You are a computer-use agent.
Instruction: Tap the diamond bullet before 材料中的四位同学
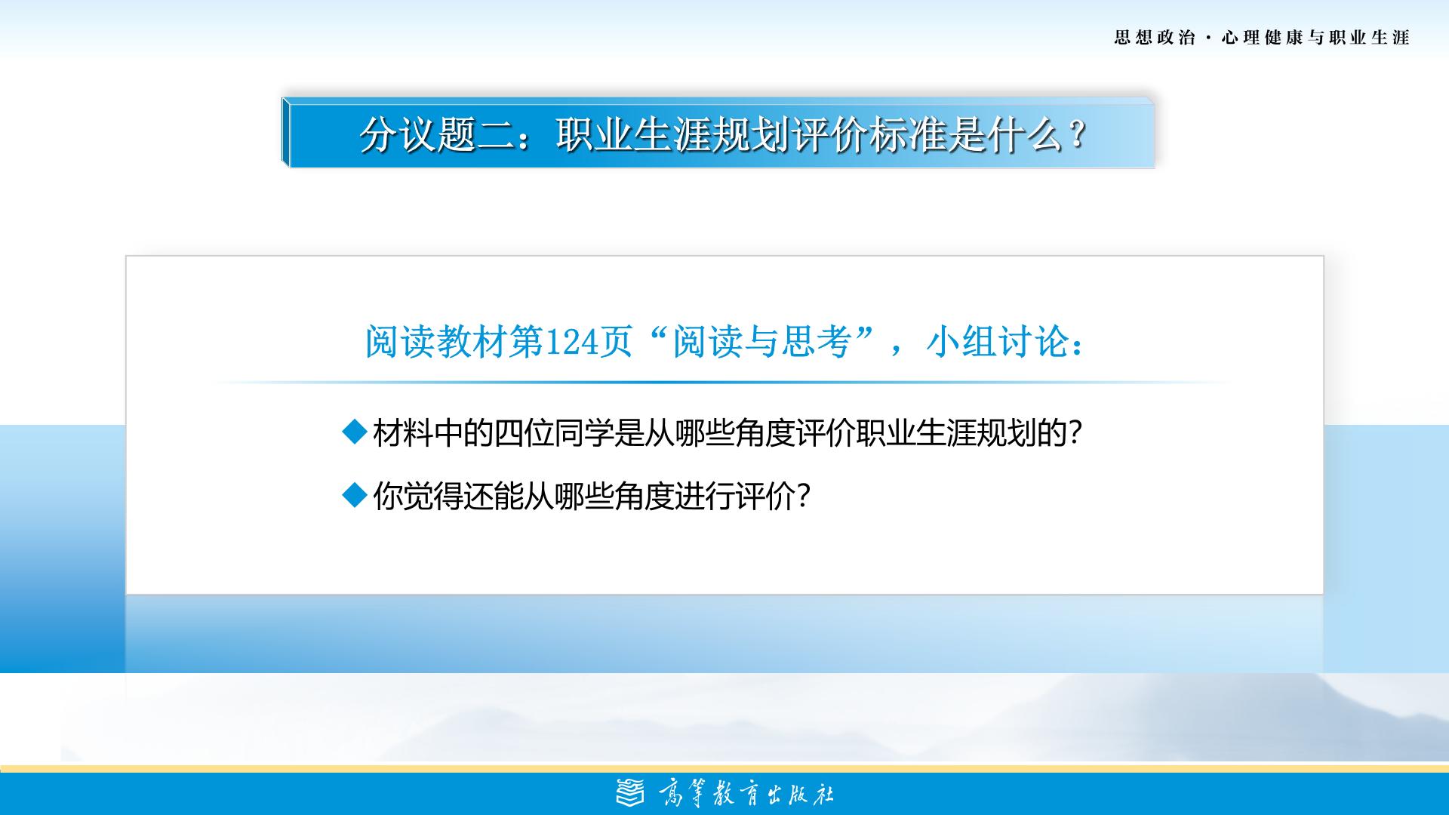[x=354, y=432]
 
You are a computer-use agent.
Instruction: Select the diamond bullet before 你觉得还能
[x=354, y=496]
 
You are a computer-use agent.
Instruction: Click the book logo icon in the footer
[x=631, y=793]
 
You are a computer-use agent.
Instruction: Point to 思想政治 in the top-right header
[x=1155, y=38]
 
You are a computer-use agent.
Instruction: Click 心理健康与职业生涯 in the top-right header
[x=1315, y=38]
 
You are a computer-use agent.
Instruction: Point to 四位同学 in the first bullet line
[x=554, y=433]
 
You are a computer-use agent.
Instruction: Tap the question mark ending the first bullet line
[x=1075, y=433]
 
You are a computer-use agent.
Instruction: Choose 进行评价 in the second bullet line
[x=734, y=497]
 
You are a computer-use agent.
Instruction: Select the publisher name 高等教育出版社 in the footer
[x=746, y=794]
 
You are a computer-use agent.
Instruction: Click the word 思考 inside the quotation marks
[x=816, y=342]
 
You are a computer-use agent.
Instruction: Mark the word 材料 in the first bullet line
[x=403, y=433]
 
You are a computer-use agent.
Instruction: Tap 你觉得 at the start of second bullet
[x=418, y=497]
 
